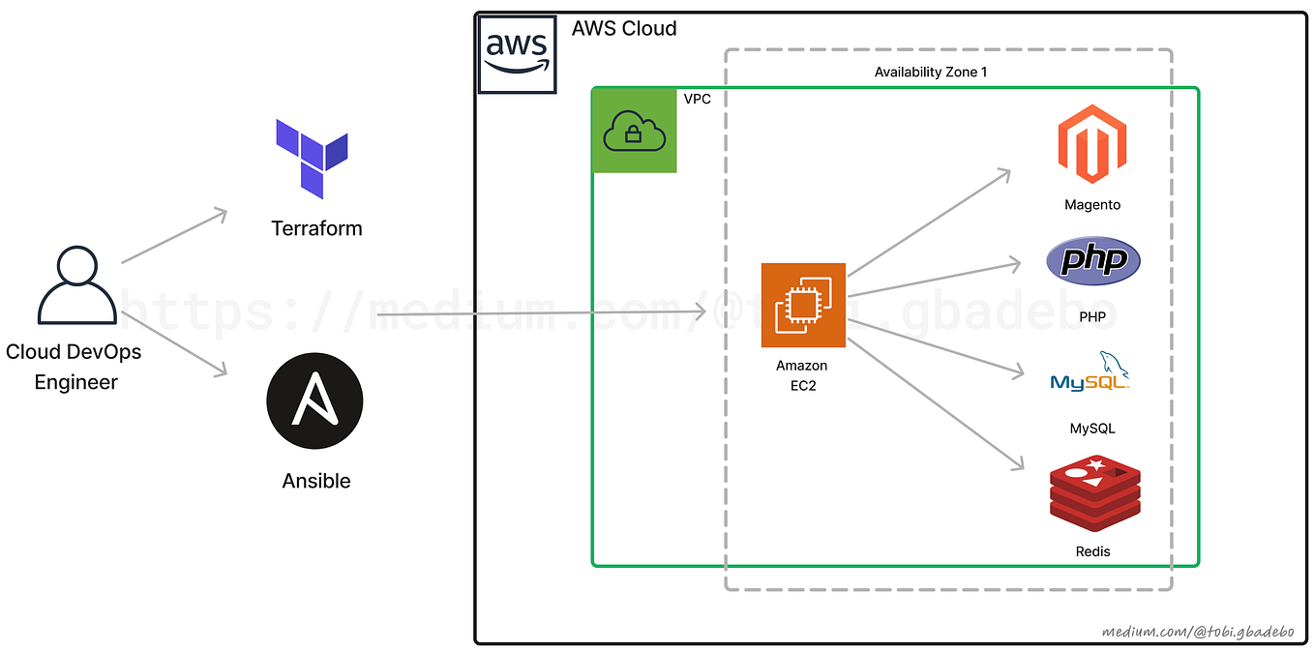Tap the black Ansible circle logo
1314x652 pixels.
(x=314, y=401)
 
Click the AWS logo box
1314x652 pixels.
(x=517, y=54)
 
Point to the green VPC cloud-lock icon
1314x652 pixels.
(x=634, y=131)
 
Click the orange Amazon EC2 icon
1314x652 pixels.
(x=803, y=305)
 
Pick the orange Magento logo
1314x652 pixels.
(x=1091, y=145)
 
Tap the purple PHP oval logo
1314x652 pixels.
(x=1093, y=260)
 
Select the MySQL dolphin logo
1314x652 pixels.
(x=1091, y=372)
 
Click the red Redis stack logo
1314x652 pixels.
(x=1094, y=494)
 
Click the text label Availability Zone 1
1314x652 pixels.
(x=930, y=73)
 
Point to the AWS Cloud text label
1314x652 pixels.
(x=624, y=28)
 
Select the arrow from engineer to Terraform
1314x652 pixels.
(x=174, y=235)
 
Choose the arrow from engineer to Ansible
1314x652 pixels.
(x=174, y=342)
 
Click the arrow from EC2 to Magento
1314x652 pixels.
(x=929, y=223)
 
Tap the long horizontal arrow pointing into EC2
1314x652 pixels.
(x=542, y=312)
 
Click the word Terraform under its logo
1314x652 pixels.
(x=316, y=228)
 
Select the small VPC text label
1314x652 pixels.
(x=697, y=99)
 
